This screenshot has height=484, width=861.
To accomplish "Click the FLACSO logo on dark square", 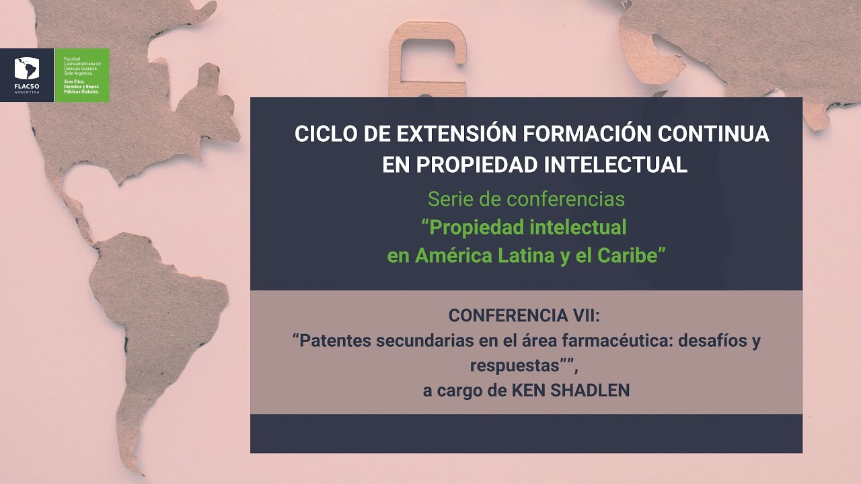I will (27, 75).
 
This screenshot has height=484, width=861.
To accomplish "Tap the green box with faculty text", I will (82, 75).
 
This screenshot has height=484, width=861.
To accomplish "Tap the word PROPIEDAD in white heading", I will (478, 165).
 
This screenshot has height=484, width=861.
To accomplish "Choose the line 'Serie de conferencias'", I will (526, 200).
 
